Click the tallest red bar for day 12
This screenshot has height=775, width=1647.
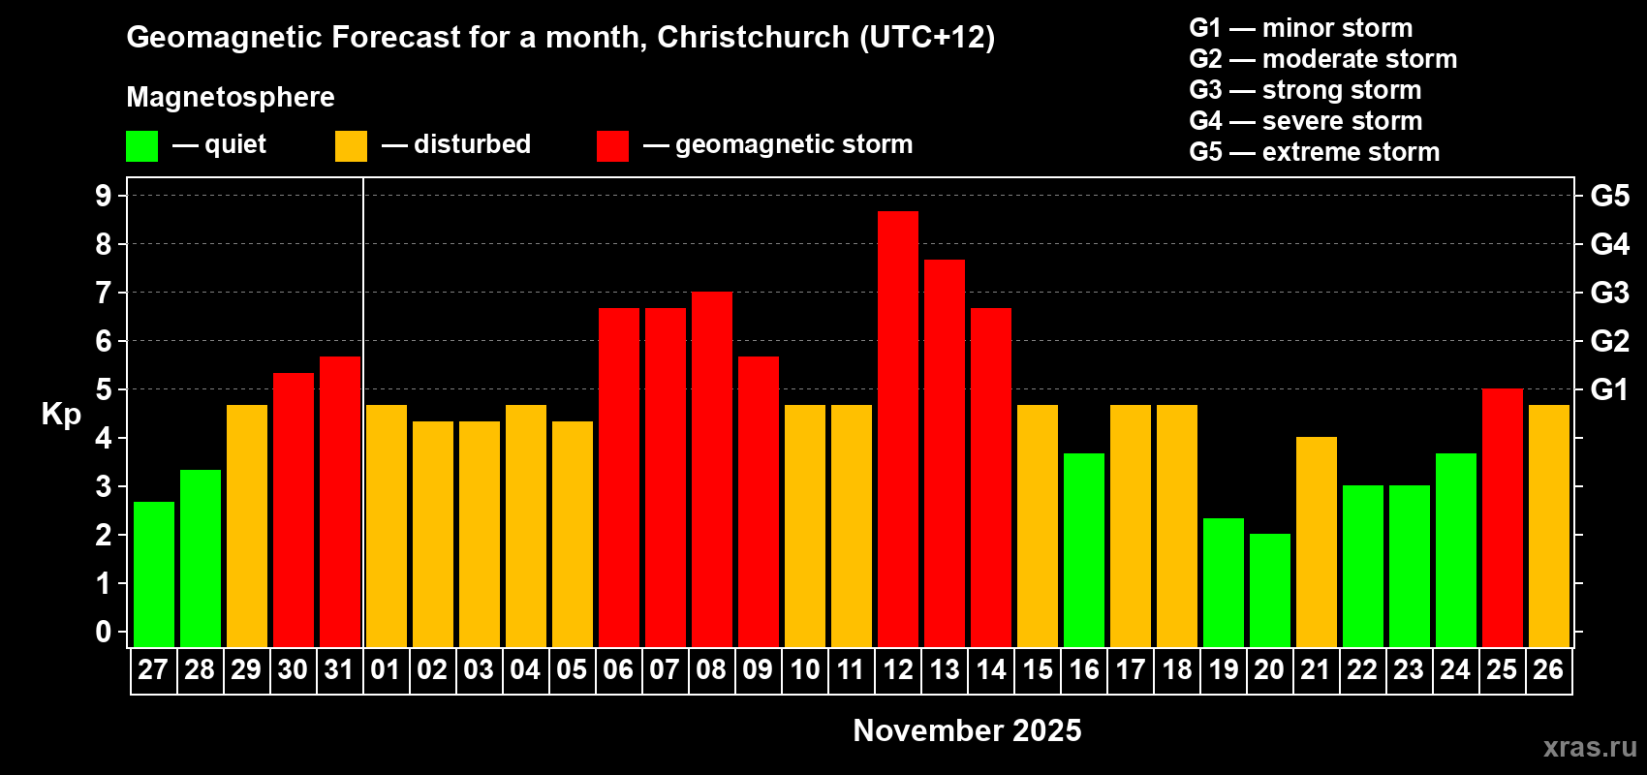coord(898,428)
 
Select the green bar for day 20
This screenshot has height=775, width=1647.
coord(1270,590)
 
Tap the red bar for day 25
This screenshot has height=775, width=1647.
coord(1503,517)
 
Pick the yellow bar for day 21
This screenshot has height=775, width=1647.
coord(1317,542)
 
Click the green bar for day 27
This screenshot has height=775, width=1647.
coord(154,573)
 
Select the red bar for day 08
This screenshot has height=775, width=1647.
coord(712,469)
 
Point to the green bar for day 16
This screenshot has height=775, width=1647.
coord(1084,549)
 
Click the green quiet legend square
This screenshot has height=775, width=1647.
coord(142,146)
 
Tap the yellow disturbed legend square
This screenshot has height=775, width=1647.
coord(351,146)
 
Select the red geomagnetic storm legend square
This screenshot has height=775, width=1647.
coord(612,146)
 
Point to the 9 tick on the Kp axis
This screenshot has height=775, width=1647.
coord(104,196)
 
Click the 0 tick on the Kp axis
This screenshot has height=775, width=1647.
coord(104,632)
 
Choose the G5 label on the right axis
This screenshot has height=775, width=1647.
coord(1609,196)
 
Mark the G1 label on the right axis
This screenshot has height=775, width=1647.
coord(1609,389)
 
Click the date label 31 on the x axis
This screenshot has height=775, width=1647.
coord(339,669)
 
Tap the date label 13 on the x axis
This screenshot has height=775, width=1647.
coord(945,669)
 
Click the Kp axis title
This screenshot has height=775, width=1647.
coord(61,414)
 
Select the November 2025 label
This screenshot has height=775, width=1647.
coord(967,730)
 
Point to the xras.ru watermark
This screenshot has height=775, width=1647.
coord(1590,747)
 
